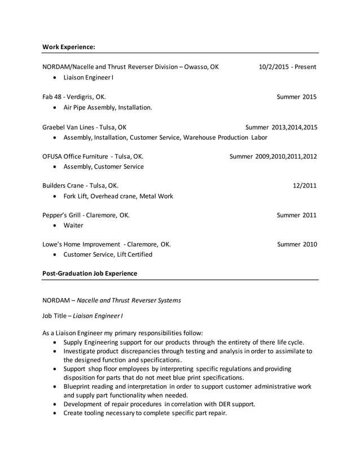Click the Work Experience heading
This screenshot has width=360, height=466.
69,46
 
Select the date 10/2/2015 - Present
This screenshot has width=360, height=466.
287,67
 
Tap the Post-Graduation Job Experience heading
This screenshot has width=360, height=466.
90,274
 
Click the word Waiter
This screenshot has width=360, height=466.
73,225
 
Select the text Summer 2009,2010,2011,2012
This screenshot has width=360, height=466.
273,156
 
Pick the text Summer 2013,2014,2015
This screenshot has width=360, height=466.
281,127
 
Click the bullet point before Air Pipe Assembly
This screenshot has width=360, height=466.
54,107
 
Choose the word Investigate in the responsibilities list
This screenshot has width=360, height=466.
82,351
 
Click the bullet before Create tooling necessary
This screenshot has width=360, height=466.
54,413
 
